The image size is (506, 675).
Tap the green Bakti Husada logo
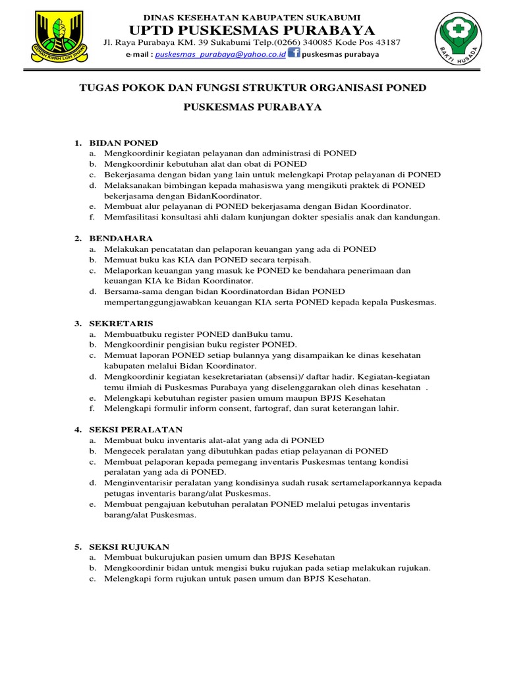(459, 42)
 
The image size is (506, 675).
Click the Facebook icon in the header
(293, 53)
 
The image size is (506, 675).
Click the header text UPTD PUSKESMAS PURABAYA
(252, 30)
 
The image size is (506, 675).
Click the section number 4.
(77, 429)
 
